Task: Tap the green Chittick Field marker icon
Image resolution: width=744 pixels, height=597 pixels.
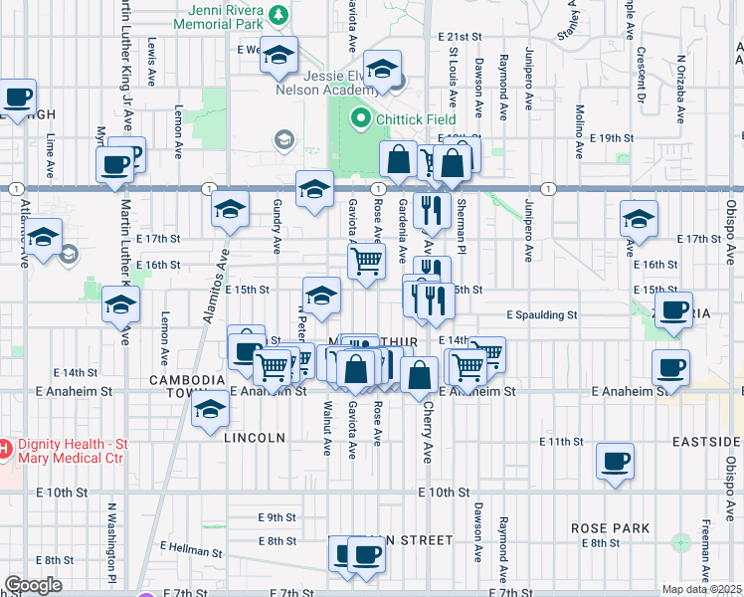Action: pyautogui.click(x=360, y=120)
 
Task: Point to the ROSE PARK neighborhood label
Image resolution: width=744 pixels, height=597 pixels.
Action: pyautogui.click(x=610, y=528)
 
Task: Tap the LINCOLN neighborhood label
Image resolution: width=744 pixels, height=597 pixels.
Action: pyautogui.click(x=255, y=438)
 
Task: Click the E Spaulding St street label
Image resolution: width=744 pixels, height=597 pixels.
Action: pyautogui.click(x=541, y=314)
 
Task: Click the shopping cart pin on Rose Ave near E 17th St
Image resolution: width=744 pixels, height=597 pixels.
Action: pyautogui.click(x=366, y=261)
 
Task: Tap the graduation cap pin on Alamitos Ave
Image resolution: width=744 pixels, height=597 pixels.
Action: pyautogui.click(x=230, y=210)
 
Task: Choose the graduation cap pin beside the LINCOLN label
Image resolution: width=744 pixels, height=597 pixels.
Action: pyautogui.click(x=210, y=410)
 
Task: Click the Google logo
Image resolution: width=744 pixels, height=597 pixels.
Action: pyautogui.click(x=33, y=585)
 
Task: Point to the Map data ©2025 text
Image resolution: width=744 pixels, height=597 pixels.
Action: pyautogui.click(x=700, y=589)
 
